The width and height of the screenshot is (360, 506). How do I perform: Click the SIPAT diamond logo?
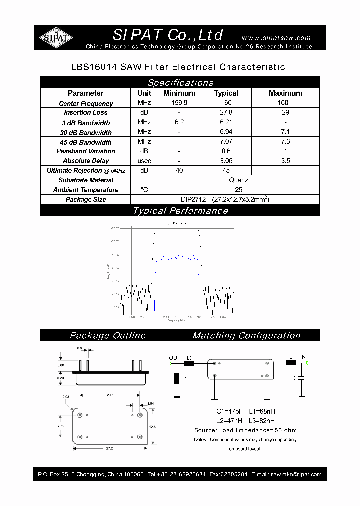coord(56,37)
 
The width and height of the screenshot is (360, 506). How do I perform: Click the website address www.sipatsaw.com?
coord(276,38)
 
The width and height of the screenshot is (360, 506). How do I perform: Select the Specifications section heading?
coord(180,83)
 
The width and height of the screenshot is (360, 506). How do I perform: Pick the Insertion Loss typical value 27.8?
coord(226,113)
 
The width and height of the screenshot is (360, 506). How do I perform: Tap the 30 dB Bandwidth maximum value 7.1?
coord(285,132)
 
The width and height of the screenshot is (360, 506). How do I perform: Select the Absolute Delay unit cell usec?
coord(144,161)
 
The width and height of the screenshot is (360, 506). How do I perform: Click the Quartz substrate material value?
coord(238,180)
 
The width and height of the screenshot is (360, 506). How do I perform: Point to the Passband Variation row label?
coord(86,151)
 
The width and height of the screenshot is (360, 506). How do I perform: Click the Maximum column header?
coord(285,93)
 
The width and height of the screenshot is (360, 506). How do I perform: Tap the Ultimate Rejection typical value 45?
coord(226,170)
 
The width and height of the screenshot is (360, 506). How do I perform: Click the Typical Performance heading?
coord(180,211)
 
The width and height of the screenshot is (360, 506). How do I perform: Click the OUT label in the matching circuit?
coord(175,358)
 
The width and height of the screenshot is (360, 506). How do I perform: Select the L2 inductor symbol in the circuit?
coord(176,379)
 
